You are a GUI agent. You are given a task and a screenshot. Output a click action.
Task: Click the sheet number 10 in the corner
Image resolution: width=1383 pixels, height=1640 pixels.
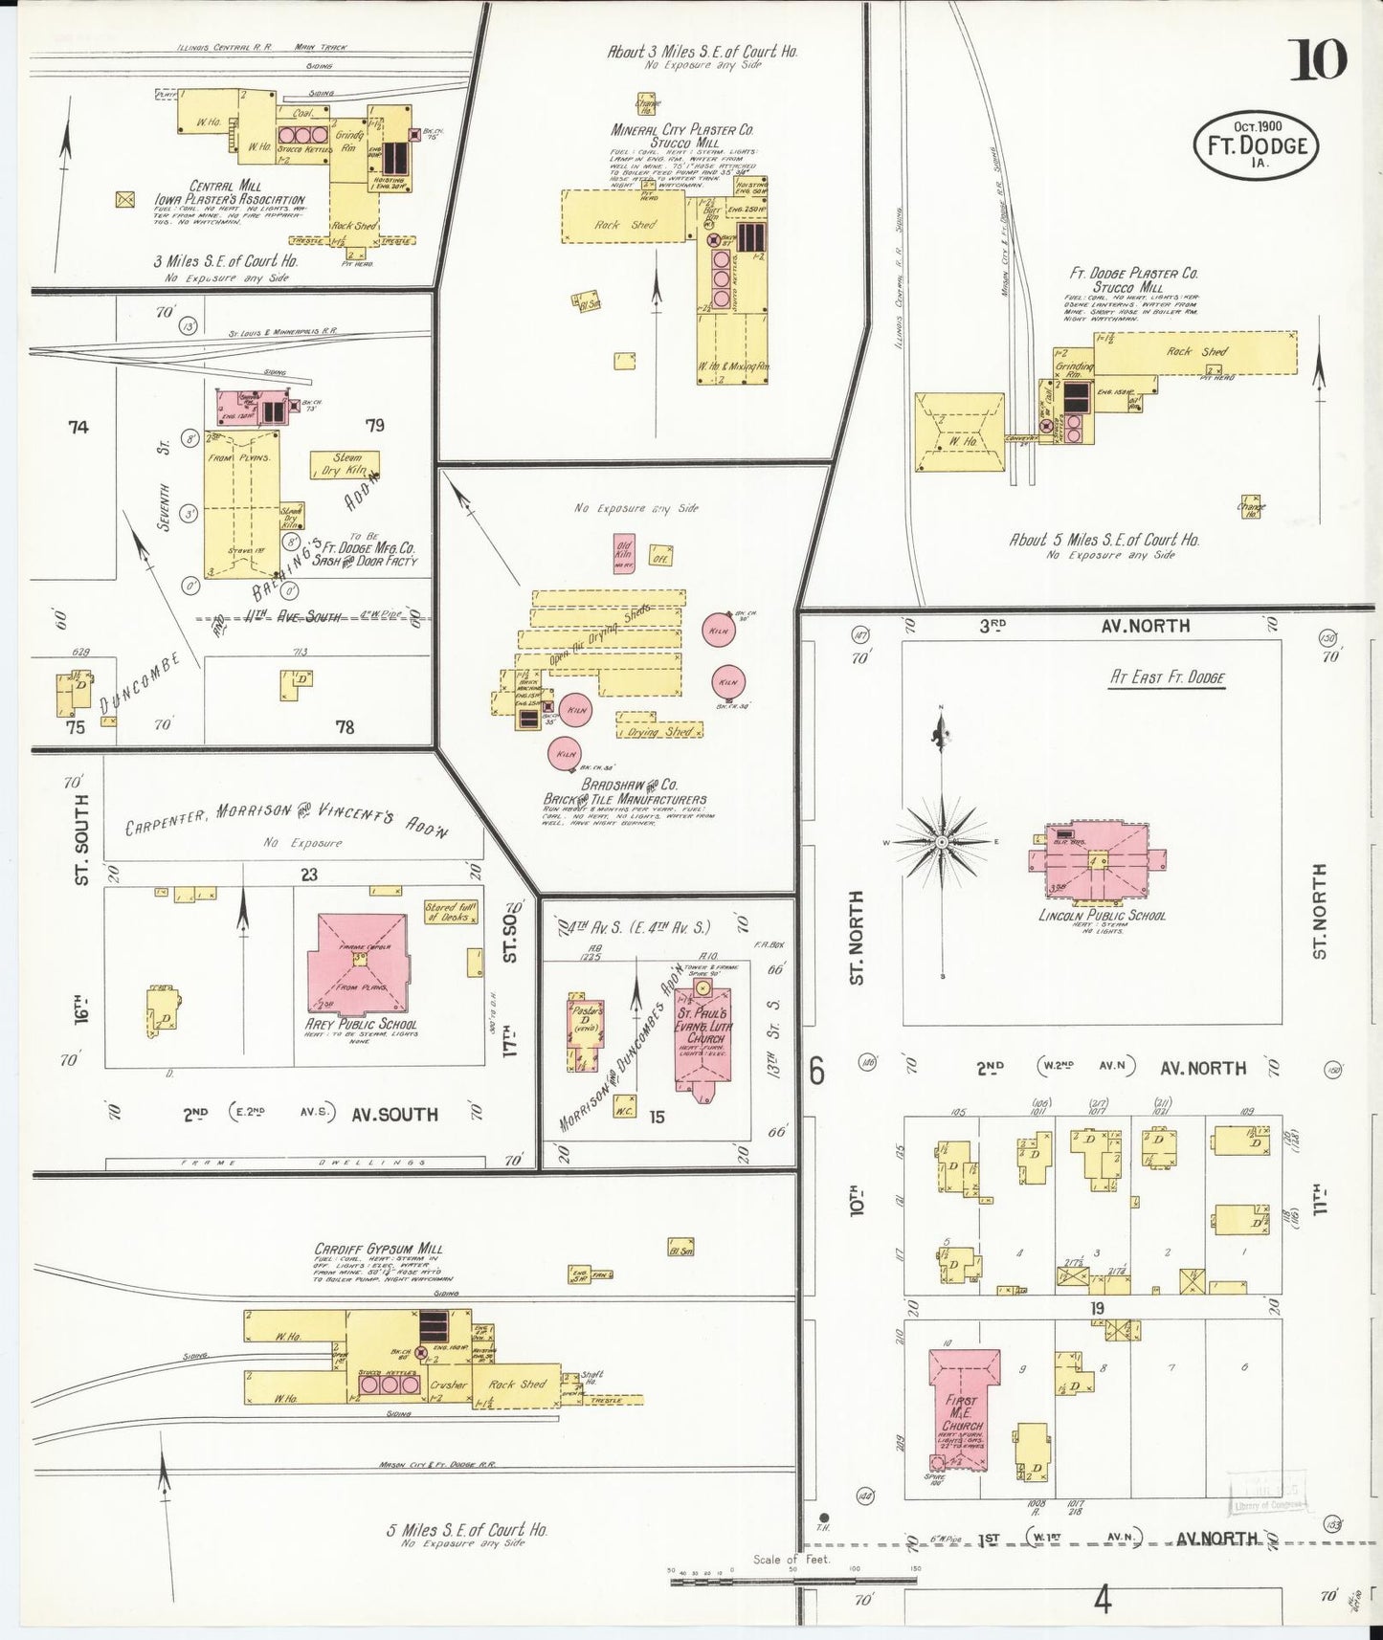click(x=1318, y=60)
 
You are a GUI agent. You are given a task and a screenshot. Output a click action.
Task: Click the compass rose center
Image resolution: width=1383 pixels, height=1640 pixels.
click(x=942, y=841)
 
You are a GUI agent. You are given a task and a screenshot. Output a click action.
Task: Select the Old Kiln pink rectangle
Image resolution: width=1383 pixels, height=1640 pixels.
click(x=624, y=552)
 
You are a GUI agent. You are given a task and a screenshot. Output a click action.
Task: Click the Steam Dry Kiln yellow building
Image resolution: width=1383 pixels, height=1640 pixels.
click(x=345, y=464)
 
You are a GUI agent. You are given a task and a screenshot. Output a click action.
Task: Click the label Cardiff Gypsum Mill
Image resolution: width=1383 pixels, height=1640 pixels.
click(x=377, y=1249)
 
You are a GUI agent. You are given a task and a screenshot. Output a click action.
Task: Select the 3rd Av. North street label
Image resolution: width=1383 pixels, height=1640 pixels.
click(x=1084, y=626)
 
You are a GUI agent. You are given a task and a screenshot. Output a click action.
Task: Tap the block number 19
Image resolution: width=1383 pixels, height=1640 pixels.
click(x=1097, y=1308)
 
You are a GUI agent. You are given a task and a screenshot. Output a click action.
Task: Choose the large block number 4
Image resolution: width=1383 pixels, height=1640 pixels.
click(x=1104, y=1600)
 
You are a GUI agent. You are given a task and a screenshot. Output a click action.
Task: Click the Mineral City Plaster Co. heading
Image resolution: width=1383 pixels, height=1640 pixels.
click(x=682, y=129)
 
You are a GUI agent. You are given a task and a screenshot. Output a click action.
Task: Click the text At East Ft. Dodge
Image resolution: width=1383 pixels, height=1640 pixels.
click(x=1167, y=677)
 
